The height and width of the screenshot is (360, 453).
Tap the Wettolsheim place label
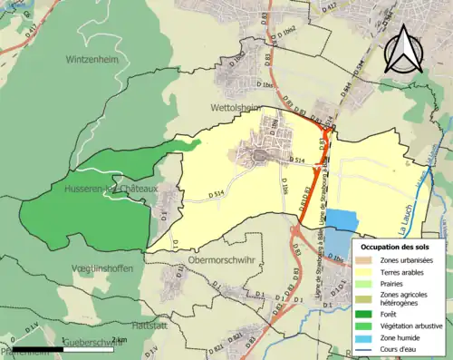pyautogui.click(x=236, y=106)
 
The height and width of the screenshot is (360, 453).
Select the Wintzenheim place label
pyautogui.click(x=92, y=60)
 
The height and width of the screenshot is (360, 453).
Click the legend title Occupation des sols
pyautogui.click(x=395, y=247)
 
